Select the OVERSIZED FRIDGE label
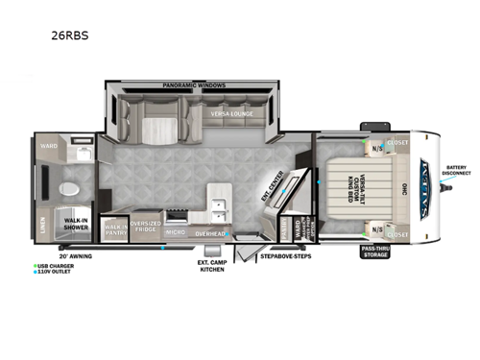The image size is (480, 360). (146, 227)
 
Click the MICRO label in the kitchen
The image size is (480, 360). (175, 231)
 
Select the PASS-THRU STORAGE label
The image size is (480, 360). (374, 252)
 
